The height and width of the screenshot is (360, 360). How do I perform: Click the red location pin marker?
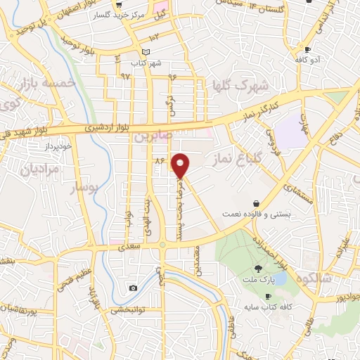coord(181,165)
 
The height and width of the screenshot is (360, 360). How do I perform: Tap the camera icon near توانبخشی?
coord(133,288)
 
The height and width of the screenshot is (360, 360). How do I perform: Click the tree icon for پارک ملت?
coord(259,268)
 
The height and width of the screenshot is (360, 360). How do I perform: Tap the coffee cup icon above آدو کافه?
coord(308,49)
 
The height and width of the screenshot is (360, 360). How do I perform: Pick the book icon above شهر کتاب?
coord(146,52)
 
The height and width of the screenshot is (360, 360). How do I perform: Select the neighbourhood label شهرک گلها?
coord(241,86)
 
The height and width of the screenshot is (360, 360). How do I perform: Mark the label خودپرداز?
coord(58,146)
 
